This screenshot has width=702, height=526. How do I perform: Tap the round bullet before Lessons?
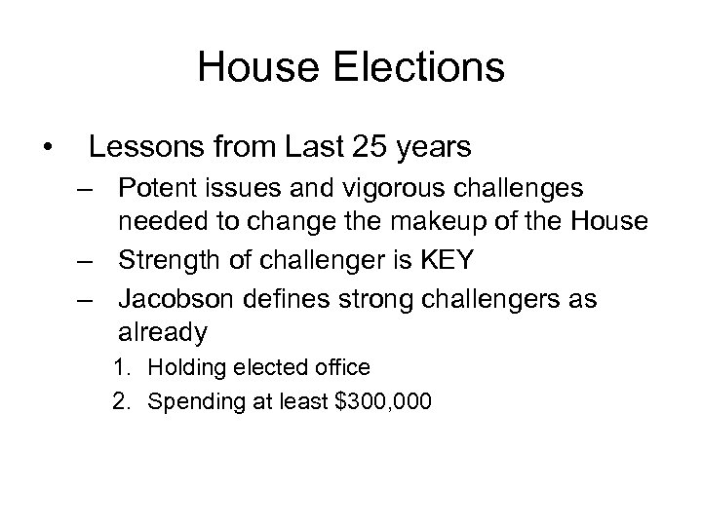click(47, 149)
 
